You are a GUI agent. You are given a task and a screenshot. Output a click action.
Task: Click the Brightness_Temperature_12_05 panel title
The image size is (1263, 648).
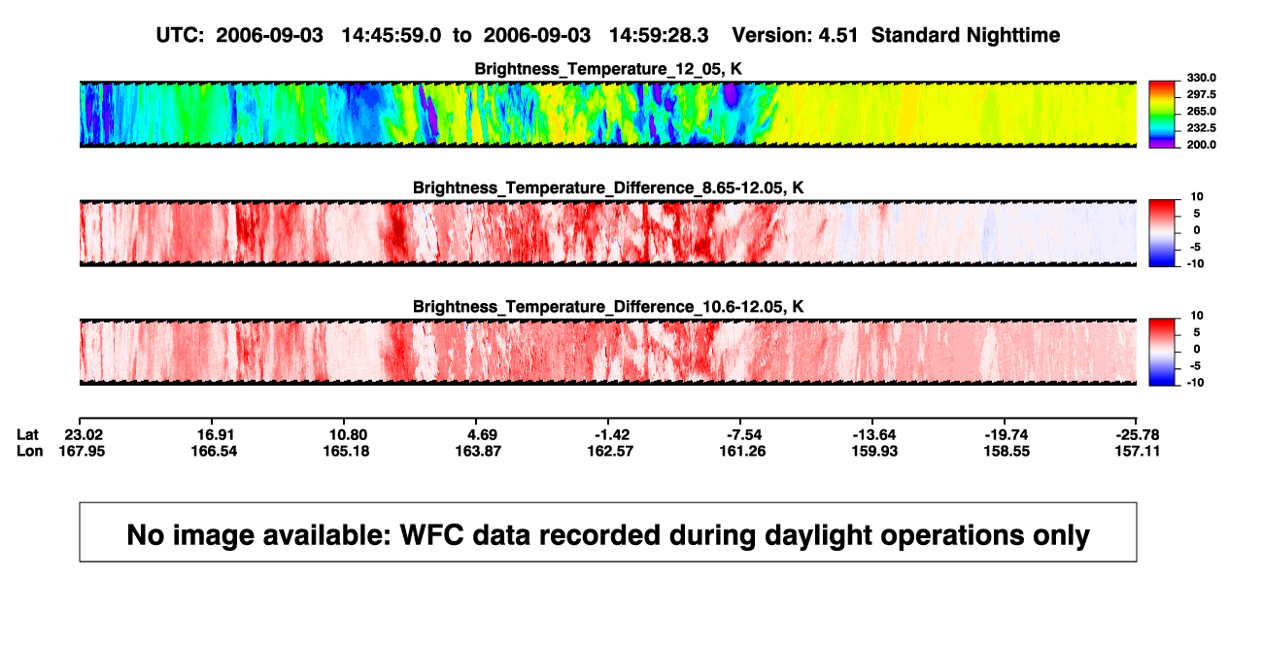(608, 69)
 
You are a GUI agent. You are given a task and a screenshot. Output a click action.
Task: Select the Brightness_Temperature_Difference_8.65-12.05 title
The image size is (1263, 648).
(608, 188)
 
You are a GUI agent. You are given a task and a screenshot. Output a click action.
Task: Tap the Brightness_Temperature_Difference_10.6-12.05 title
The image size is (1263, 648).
(608, 307)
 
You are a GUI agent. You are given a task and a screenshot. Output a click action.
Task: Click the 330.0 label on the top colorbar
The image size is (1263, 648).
(1201, 78)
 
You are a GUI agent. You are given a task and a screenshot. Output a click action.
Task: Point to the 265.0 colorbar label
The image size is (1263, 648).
(1201, 111)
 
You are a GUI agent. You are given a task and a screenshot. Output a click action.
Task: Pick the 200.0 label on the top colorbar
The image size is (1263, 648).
(1201, 145)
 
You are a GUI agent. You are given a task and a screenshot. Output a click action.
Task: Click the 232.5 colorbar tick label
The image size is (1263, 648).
(1201, 128)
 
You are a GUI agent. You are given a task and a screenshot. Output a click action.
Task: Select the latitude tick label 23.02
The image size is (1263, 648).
(84, 435)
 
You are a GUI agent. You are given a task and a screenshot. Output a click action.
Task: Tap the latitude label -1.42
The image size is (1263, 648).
(612, 435)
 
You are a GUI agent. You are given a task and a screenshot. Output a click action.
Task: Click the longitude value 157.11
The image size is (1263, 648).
(1138, 451)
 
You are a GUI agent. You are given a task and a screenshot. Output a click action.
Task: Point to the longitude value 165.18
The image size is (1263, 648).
(346, 451)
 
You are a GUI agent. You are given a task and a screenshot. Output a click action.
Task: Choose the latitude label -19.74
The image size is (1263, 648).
(1007, 435)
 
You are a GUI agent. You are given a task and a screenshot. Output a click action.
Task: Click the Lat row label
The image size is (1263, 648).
(27, 435)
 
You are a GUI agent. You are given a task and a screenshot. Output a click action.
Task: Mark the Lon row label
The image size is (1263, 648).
(29, 451)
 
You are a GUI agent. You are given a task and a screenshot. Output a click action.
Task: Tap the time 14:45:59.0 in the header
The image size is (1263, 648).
(392, 36)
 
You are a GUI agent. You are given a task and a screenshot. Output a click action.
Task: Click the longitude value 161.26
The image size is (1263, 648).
(742, 451)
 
